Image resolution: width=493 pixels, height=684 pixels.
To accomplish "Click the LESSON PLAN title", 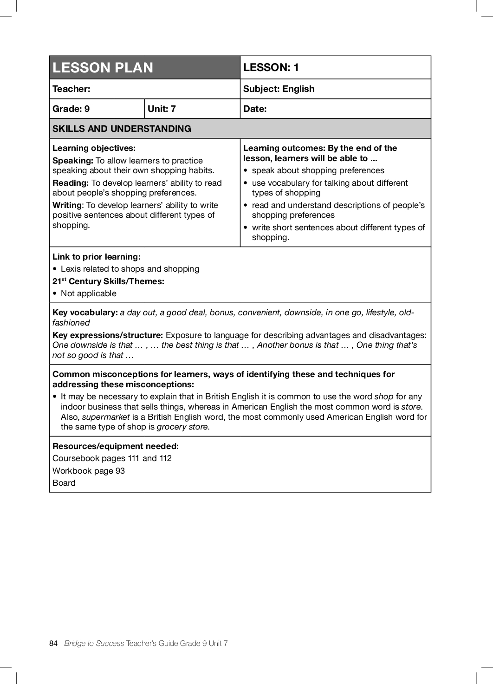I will coord(103,68).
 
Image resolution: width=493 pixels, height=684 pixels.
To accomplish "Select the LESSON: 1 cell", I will coord(271,67).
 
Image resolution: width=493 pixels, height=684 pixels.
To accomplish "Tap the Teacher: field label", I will coord(71,89).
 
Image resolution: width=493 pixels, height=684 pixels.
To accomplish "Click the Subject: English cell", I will coord(279,89).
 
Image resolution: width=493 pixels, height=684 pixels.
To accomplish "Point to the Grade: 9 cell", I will coord(71,109).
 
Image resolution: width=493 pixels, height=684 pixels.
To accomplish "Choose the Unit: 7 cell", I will coord(162,109).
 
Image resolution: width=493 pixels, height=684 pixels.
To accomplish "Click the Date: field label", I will coord(255,109).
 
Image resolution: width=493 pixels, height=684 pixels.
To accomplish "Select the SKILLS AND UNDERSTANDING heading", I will coord(122,129).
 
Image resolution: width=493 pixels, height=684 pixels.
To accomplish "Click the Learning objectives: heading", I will coord(94,148).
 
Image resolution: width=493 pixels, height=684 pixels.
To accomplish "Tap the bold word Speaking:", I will coord(73,161).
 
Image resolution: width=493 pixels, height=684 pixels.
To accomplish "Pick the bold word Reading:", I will coord(71,183).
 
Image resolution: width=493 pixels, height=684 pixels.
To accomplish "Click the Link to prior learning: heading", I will coord(97,257).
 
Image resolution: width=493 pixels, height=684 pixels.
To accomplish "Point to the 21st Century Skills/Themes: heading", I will coord(108,281).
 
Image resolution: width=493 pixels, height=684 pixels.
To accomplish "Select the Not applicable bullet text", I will coord(89,293).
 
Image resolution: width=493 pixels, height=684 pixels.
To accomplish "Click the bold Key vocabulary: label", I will coord(85,313).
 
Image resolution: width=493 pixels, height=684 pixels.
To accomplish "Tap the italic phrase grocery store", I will coord(183,427).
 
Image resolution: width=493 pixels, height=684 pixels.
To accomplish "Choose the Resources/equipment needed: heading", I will coord(116,446).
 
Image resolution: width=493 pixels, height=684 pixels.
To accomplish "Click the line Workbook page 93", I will coord(89,471).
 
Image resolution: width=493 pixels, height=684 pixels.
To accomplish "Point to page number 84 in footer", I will coord(53,643).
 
